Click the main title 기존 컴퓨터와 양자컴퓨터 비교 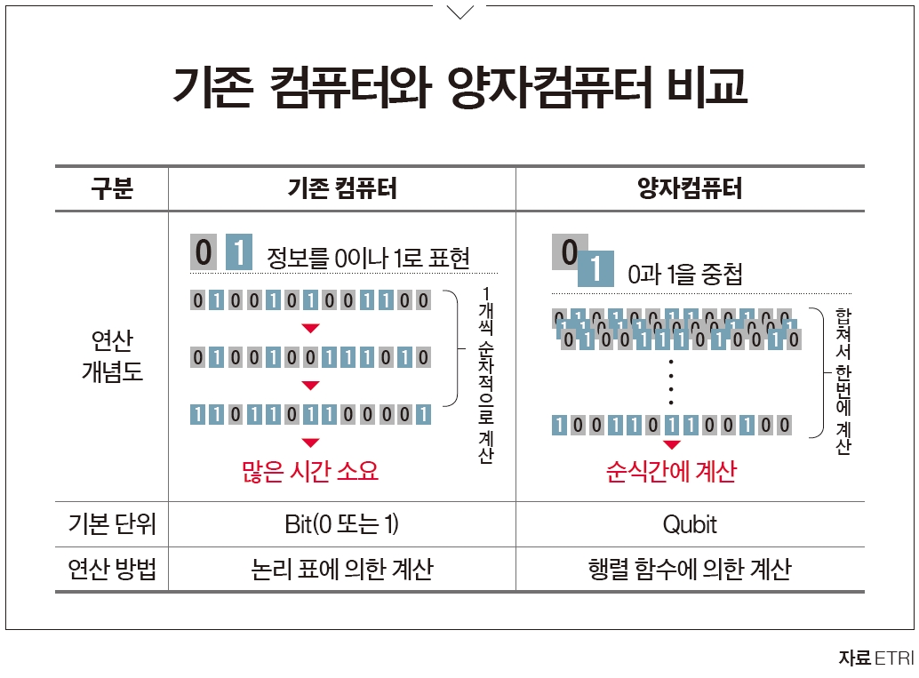click(x=459, y=88)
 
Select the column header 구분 click(x=111, y=189)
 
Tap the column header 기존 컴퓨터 click(x=341, y=189)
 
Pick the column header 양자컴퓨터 click(x=690, y=189)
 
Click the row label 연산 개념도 click(x=111, y=356)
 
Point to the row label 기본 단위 click(x=111, y=524)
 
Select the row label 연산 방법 click(x=111, y=570)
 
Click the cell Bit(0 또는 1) click(x=341, y=524)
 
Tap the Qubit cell click(x=690, y=524)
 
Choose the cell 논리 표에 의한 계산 click(x=341, y=570)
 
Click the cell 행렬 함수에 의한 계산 click(x=690, y=570)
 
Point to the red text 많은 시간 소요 click(x=310, y=471)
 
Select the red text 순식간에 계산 click(x=672, y=471)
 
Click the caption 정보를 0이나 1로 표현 click(x=368, y=259)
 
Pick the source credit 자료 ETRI click(x=875, y=658)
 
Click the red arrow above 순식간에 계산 click(x=672, y=445)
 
